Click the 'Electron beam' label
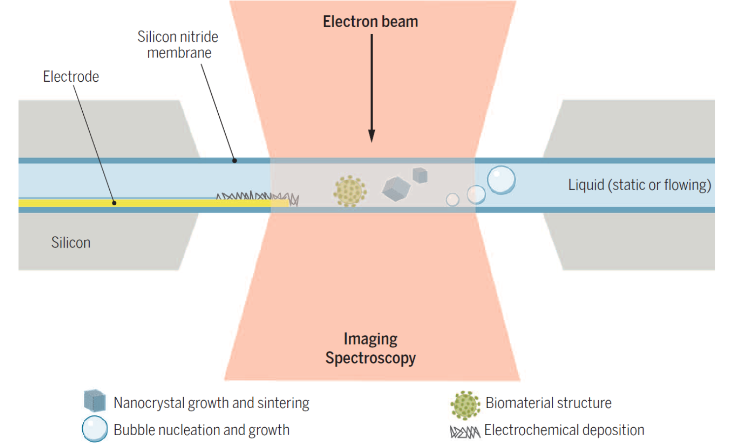tap(370, 22)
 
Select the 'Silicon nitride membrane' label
tap(178, 45)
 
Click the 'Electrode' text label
tap(71, 77)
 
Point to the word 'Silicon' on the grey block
tap(71, 243)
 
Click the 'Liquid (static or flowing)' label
tap(639, 185)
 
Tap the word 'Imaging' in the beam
tap(370, 339)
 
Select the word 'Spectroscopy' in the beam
tap(370, 358)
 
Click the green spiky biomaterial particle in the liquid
tap(350, 191)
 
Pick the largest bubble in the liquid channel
tap(501, 180)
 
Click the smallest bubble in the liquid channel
tap(452, 199)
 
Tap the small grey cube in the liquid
tap(420, 175)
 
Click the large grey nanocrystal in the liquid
tap(396, 189)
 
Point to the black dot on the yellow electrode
tap(114, 203)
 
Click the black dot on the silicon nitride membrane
tap(235, 160)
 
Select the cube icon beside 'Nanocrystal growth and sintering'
tap(95, 401)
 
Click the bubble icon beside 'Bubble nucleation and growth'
tap(95, 429)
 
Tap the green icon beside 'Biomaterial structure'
tap(465, 405)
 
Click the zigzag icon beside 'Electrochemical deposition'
tap(465, 432)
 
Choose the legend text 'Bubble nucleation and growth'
tap(202, 430)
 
